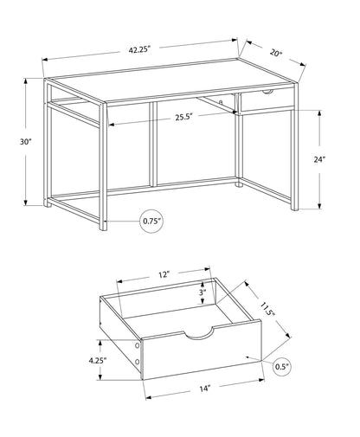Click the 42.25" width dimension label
pyautogui.click(x=141, y=50)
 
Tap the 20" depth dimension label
pyautogui.click(x=276, y=53)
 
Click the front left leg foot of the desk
pyautogui.click(x=104, y=228)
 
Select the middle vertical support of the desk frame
pyautogui.click(x=152, y=145)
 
